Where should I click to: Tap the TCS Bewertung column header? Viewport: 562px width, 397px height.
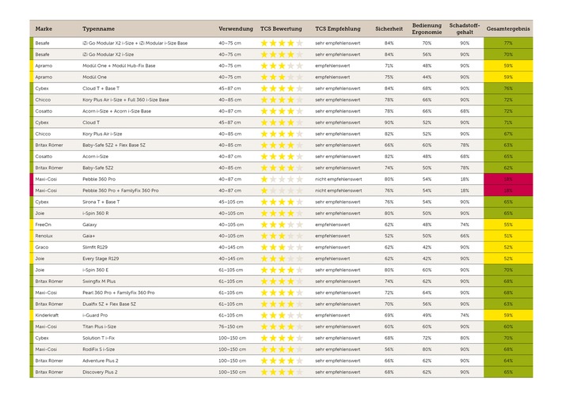click(281, 28)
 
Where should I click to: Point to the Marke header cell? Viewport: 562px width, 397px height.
click(44, 28)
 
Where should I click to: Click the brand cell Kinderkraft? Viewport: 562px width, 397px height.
click(48, 315)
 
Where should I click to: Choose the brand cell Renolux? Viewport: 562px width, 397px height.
click(44, 236)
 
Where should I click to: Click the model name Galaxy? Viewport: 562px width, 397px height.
click(90, 225)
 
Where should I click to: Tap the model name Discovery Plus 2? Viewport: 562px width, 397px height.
click(101, 372)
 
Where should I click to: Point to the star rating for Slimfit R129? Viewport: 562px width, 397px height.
click(281, 247)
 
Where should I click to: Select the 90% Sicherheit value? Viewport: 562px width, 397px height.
click(389, 123)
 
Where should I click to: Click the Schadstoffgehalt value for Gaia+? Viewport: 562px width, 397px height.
click(464, 236)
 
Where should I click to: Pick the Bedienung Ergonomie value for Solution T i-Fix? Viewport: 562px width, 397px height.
click(427, 338)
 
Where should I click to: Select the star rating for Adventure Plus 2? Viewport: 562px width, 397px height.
click(281, 360)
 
